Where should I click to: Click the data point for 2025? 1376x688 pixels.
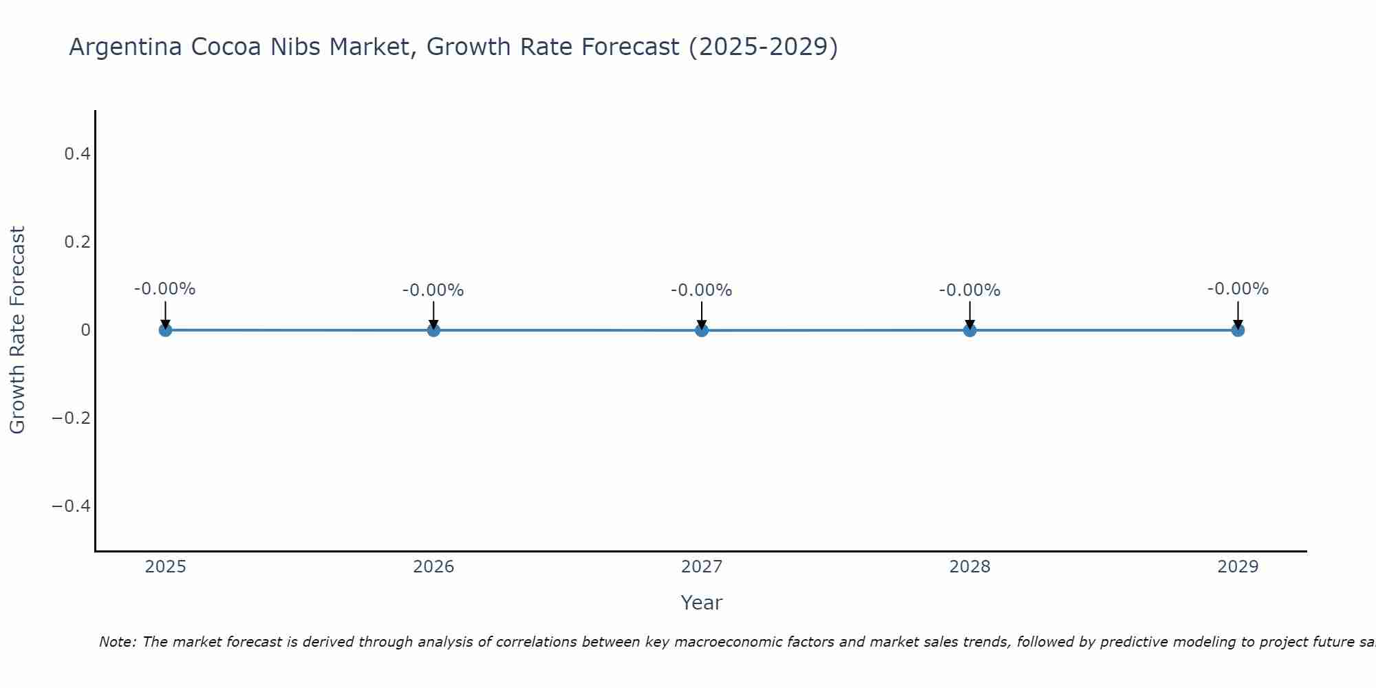point(165,330)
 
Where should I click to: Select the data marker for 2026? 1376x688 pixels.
point(433,330)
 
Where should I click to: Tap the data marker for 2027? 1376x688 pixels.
point(702,330)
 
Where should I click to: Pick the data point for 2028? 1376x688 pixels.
point(969,330)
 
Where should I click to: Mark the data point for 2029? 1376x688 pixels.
point(1238,330)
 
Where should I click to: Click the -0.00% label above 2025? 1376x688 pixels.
point(165,289)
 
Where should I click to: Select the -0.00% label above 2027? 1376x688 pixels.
point(702,290)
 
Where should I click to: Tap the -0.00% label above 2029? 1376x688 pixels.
point(1238,289)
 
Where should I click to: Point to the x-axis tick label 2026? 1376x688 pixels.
point(433,567)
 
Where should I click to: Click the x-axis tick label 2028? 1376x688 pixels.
point(969,567)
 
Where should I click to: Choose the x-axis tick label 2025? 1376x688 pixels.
point(166,567)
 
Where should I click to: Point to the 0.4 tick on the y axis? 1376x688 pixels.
point(77,154)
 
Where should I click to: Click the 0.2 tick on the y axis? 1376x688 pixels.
point(77,242)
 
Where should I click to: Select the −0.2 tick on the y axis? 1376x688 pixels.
point(72,418)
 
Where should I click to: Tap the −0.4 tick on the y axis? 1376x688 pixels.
point(72,506)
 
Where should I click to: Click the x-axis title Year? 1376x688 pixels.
point(701,603)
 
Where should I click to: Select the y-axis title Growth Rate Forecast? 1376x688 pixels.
point(17,330)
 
